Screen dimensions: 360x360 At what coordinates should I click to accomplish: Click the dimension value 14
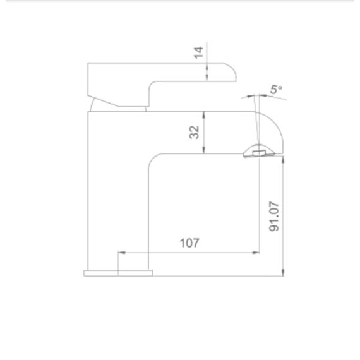(198, 52)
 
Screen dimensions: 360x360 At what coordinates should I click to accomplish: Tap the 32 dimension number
(195, 132)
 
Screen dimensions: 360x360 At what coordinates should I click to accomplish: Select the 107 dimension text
(189, 243)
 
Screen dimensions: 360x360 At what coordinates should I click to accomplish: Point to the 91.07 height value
(274, 217)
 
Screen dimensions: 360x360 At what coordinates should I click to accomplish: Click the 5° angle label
(276, 89)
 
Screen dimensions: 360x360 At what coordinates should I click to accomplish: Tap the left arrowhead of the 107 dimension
(122, 253)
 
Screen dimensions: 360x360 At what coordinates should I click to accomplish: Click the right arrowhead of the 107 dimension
(256, 253)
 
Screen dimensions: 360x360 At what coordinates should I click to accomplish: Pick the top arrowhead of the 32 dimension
(203, 115)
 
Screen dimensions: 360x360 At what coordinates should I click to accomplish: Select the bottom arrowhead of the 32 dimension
(203, 150)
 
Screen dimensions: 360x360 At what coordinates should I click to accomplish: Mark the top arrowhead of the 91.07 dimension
(283, 160)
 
